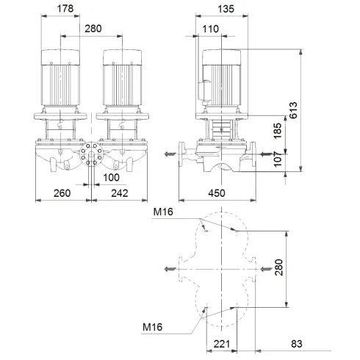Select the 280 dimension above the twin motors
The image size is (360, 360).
(x=93, y=29)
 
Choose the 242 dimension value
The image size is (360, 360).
(x=120, y=194)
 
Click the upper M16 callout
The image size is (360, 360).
(x=163, y=212)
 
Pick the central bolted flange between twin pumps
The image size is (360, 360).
(x=92, y=155)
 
